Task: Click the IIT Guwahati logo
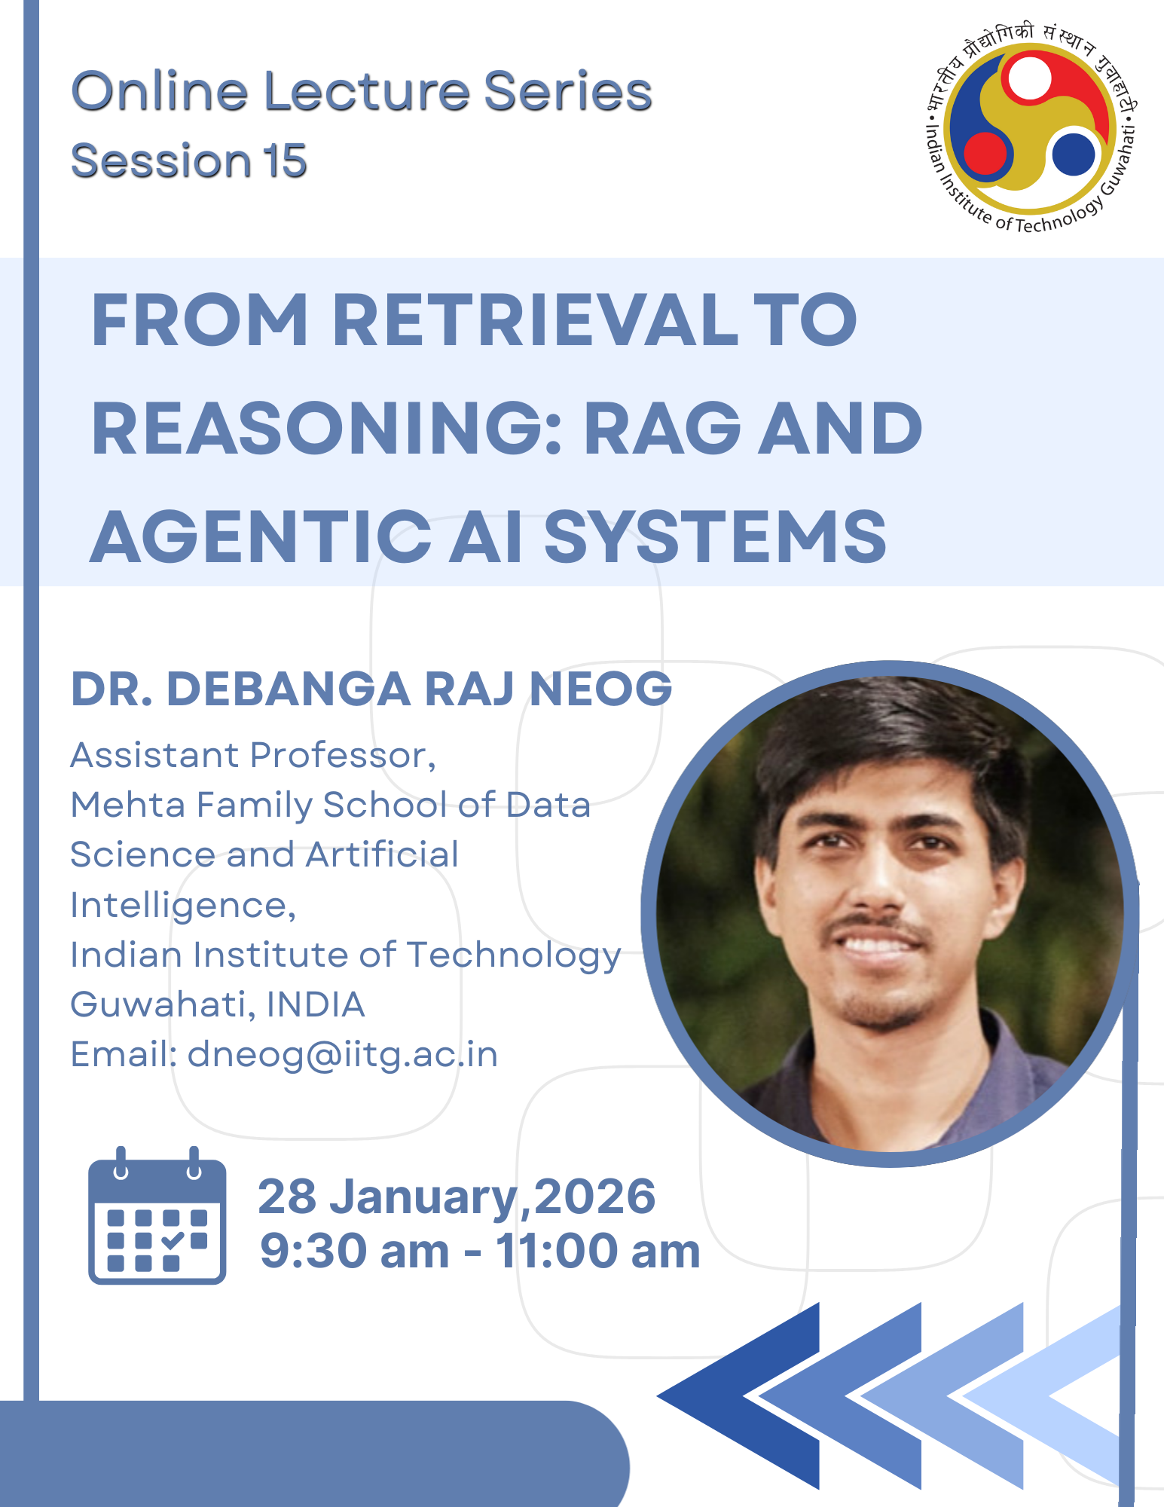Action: pos(1031,127)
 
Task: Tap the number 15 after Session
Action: pos(285,160)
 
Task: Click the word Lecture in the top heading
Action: pos(367,91)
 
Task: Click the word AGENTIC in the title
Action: pos(261,536)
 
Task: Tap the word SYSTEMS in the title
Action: pos(715,536)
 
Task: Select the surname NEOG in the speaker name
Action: pos(600,689)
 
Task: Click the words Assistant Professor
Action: pos(253,756)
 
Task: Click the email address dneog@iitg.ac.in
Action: pos(343,1055)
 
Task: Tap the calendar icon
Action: pos(157,1215)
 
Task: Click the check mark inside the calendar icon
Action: pos(173,1240)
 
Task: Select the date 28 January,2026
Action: pos(457,1197)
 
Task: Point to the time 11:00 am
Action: pos(597,1252)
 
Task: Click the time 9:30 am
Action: pos(355,1252)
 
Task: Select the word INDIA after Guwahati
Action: pos(316,1005)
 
